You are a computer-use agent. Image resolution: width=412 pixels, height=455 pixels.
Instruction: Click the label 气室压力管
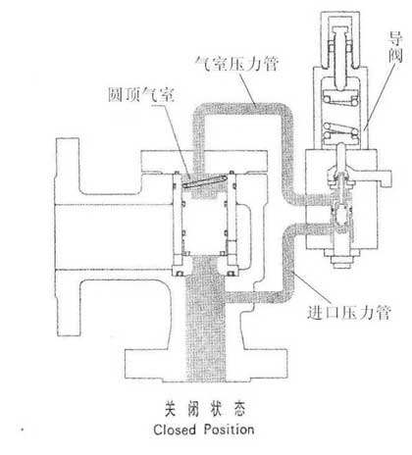point(236,64)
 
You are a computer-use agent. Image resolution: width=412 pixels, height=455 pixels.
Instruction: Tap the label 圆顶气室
point(141,95)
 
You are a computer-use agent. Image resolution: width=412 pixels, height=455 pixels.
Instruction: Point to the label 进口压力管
point(349,313)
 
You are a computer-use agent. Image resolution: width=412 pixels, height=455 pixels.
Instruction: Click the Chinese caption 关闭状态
point(205,409)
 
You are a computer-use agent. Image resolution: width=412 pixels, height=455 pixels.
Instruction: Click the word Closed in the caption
point(175,430)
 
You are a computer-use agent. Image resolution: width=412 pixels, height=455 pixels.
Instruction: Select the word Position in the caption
point(229,430)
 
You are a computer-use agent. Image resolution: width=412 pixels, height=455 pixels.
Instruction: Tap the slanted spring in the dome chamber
point(204,181)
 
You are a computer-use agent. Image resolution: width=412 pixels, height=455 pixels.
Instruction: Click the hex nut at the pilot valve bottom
point(342,261)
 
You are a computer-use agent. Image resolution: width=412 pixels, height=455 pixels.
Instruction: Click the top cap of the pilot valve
point(340,39)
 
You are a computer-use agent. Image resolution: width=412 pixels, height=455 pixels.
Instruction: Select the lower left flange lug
point(68,303)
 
